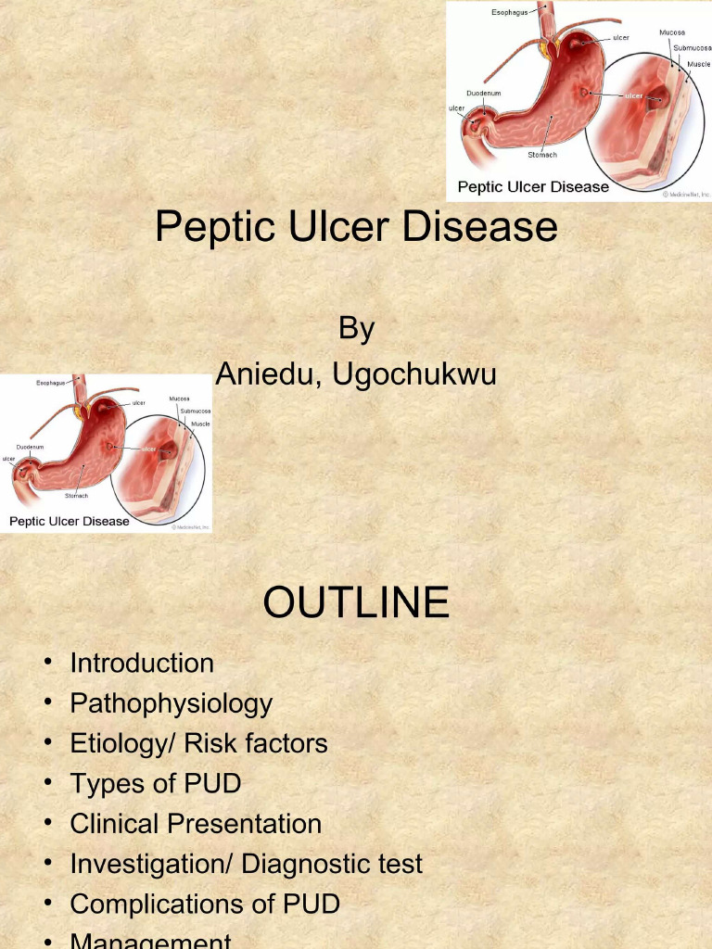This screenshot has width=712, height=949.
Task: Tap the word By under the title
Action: point(356,328)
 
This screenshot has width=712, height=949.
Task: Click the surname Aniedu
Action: point(268,374)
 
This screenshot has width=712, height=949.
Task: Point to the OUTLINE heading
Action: point(356,603)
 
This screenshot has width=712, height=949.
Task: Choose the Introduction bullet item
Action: point(142,664)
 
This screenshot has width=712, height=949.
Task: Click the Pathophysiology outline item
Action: point(172,703)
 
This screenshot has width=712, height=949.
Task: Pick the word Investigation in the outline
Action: point(150,864)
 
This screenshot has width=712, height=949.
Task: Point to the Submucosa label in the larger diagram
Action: point(693,47)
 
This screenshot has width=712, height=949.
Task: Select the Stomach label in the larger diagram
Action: point(543,155)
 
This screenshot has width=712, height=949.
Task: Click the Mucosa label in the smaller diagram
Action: point(180,399)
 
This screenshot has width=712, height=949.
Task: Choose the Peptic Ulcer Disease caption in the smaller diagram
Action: point(70,521)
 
